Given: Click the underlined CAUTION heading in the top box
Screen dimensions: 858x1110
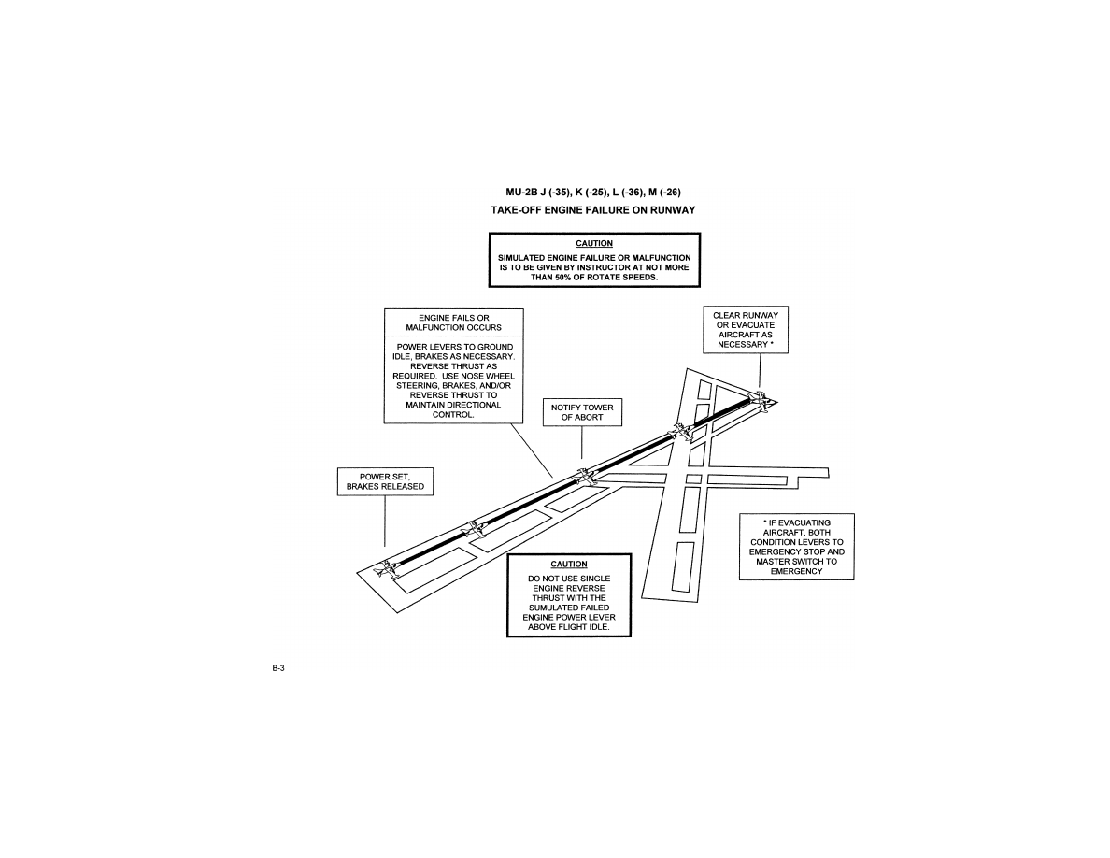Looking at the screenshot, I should tap(593, 243).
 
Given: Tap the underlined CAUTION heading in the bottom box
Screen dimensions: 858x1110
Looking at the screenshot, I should tap(568, 565).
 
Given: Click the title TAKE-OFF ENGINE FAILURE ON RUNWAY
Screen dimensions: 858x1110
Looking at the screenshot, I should tap(593, 210).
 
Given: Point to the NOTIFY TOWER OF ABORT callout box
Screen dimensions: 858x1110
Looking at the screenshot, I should tap(582, 412).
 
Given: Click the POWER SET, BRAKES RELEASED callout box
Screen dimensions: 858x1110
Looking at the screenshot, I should tap(385, 481).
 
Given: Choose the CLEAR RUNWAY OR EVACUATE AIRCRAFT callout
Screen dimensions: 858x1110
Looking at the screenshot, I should tap(745, 330).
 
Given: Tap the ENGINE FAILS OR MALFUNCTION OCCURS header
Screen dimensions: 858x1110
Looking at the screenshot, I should tap(453, 322).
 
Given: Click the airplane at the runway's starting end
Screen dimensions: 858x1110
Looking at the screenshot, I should tap(388, 567).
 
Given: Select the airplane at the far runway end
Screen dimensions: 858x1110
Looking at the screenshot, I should tap(762, 402).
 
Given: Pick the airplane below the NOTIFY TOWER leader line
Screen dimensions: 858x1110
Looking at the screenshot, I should tap(585, 476).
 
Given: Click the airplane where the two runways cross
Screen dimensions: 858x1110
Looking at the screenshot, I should tap(682, 431).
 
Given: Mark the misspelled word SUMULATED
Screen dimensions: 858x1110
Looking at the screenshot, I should tap(568, 608).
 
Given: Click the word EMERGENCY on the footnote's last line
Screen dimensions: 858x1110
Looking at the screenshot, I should tap(796, 571).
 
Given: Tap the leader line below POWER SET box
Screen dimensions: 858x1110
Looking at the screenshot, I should tap(385, 522).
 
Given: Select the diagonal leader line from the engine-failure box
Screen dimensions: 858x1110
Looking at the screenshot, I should tap(533, 450).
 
